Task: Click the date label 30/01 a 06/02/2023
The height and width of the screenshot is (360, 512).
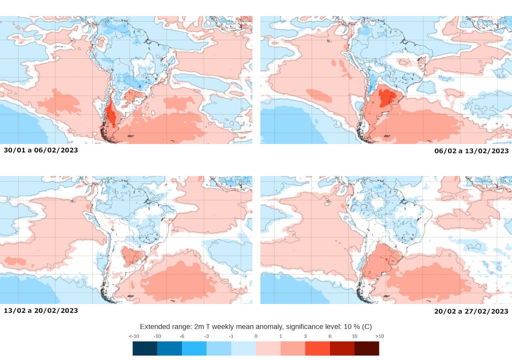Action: [x=40, y=150]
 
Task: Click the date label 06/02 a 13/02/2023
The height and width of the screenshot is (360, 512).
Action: [x=471, y=150]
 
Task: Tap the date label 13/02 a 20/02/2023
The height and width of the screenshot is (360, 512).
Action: [x=40, y=310]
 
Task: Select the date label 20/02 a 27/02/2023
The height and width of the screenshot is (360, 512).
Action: [x=471, y=311]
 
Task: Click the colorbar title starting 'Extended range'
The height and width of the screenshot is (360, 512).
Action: [x=255, y=325]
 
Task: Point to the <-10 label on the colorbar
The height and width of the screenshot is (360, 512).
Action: [x=133, y=336]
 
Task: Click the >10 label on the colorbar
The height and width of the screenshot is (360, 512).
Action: [x=378, y=336]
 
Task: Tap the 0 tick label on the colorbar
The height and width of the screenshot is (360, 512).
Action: [x=255, y=336]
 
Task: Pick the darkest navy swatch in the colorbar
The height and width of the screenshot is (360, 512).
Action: [x=145, y=348]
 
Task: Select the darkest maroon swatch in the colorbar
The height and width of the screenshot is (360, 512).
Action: [x=366, y=348]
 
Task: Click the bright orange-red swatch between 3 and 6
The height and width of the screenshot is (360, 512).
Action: [x=317, y=348]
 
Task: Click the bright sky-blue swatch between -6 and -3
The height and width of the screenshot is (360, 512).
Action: [x=194, y=348]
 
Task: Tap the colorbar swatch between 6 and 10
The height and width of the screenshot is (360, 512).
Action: [x=342, y=348]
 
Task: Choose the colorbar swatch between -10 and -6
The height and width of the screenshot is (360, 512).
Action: [x=169, y=348]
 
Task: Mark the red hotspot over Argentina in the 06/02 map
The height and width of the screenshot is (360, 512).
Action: [x=385, y=96]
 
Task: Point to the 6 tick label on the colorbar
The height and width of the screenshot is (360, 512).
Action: [x=330, y=336]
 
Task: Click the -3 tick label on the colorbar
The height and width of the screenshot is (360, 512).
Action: [x=206, y=336]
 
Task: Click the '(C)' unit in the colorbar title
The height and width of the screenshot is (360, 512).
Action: [x=366, y=325]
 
